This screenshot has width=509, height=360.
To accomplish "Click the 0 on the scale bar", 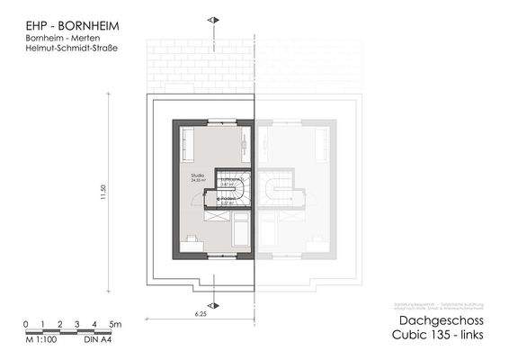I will click(26, 323).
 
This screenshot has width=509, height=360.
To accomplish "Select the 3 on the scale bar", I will click(77, 323).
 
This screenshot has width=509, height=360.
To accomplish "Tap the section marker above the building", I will click(212, 19).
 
